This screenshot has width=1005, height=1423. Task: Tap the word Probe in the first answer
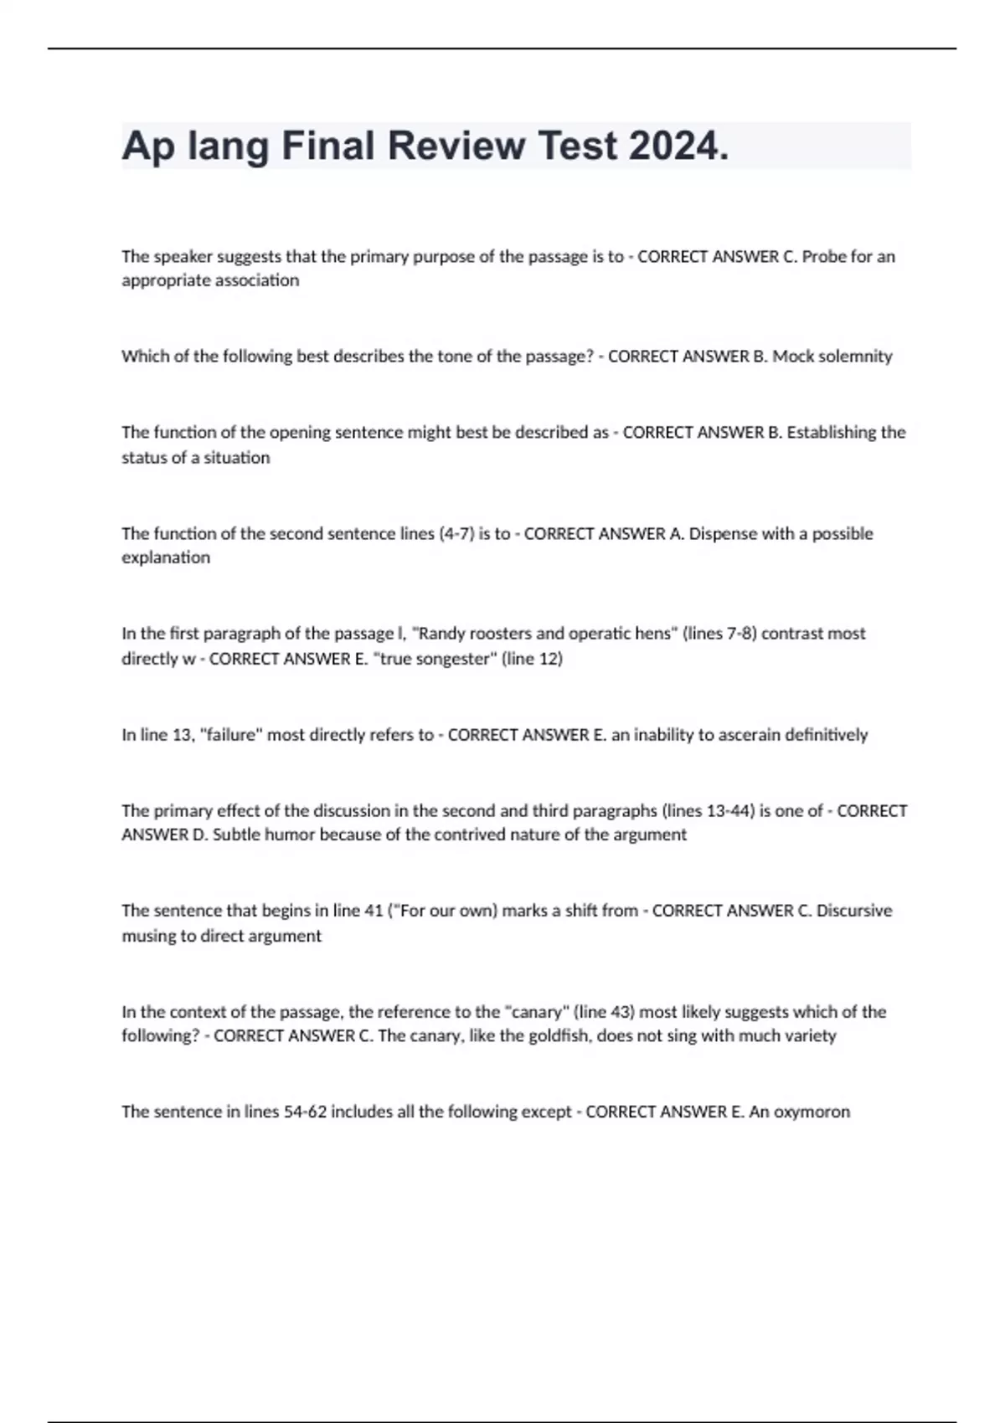(x=824, y=257)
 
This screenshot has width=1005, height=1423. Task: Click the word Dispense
(x=723, y=534)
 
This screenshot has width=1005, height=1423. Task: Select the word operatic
(x=600, y=634)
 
